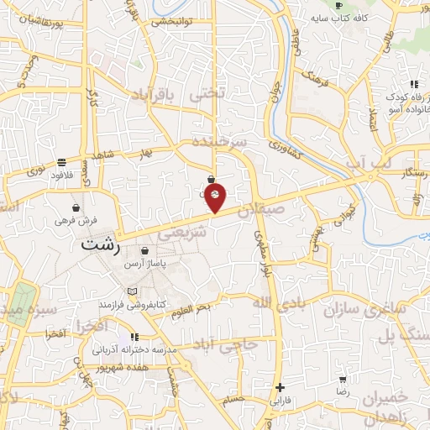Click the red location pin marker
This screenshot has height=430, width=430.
[215, 197]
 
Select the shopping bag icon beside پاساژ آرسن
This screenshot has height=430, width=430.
[144, 250]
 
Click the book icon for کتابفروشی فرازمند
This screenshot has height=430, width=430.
[130, 291]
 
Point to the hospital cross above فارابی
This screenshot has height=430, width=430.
[280, 388]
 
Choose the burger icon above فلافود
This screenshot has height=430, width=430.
[62, 162]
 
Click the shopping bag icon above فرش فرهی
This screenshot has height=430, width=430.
[76, 207]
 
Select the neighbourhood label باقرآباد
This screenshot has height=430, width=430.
[157, 99]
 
